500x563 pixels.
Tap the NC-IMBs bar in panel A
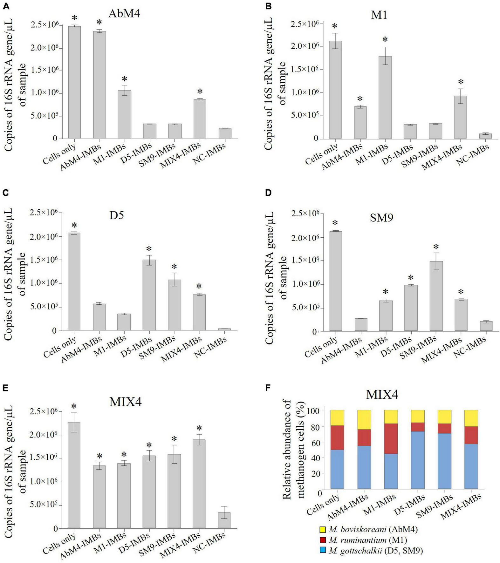[225, 133]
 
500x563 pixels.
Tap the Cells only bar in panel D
[336, 281]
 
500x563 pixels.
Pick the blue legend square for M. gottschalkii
[323, 551]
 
